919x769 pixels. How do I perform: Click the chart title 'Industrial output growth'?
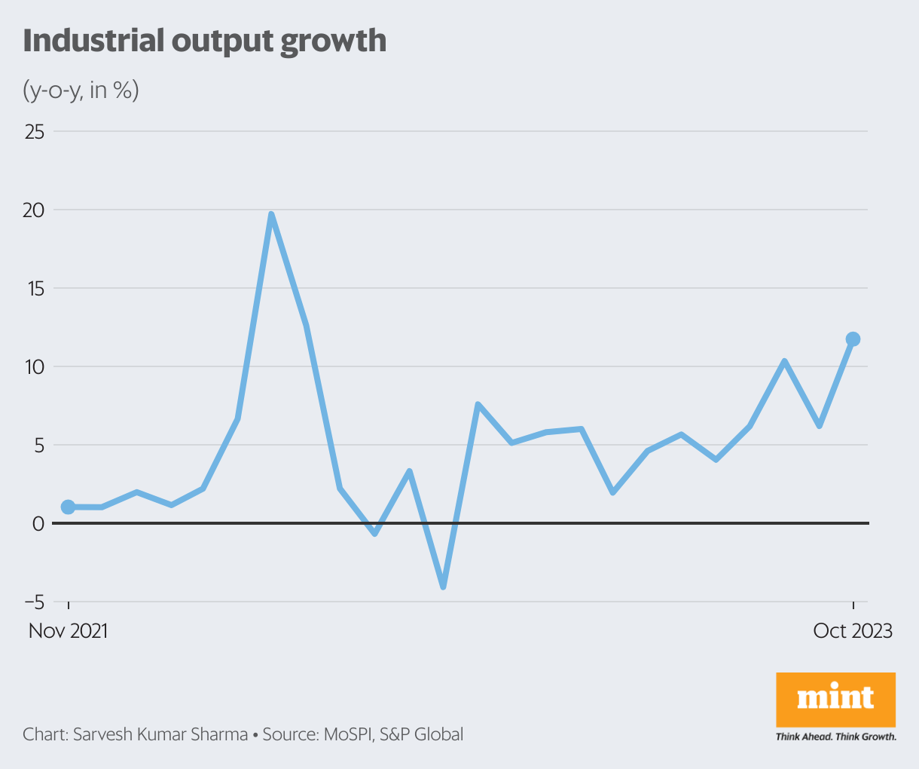(204, 41)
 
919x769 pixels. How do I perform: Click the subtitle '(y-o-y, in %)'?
(81, 90)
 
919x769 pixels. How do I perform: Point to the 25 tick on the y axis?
(35, 132)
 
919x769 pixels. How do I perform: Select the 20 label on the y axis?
(34, 210)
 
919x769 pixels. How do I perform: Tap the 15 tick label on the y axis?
(35, 289)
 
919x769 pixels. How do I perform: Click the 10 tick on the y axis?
(35, 367)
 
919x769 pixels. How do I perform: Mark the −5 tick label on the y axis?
(34, 602)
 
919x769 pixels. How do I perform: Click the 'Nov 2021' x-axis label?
(69, 631)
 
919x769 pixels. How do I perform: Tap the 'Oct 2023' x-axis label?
(853, 631)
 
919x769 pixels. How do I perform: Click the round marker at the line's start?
(68, 507)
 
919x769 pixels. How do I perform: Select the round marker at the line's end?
(853, 339)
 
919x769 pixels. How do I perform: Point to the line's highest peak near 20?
(271, 215)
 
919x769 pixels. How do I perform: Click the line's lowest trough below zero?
(443, 586)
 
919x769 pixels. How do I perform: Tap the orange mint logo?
(835, 699)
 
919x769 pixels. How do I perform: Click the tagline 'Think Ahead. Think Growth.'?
(835, 737)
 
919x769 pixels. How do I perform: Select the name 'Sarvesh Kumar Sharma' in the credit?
(160, 734)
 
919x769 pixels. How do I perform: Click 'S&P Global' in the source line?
(421, 734)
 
